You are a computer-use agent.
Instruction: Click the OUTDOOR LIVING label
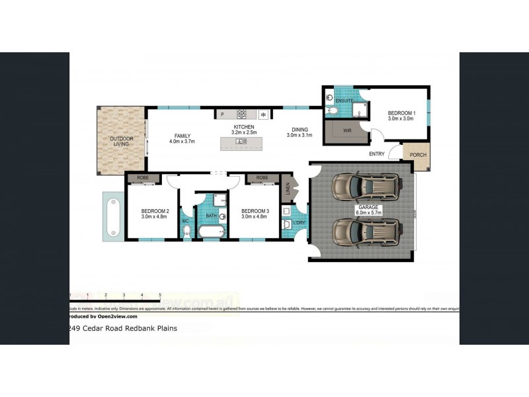point(121,141)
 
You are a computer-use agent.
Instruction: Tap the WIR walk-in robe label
point(347,130)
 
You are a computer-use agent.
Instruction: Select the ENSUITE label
point(345,101)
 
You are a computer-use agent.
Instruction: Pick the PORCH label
point(418,155)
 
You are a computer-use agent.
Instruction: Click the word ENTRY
point(378,155)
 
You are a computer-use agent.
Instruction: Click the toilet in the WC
point(186,230)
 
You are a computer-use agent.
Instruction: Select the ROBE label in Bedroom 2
point(143,177)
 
